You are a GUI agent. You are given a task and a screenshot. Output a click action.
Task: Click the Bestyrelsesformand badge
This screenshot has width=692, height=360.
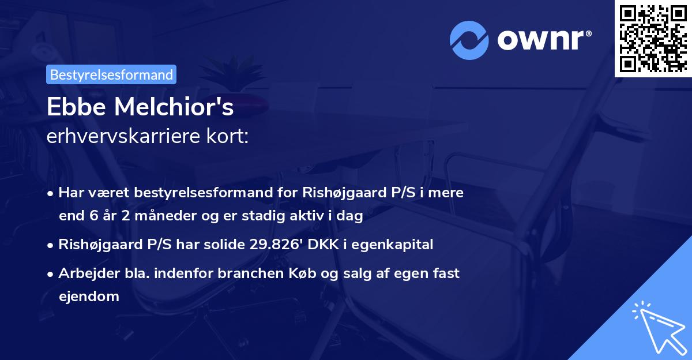tap(111, 74)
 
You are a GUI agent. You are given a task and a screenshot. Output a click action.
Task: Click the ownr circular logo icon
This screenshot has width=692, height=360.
tap(469, 40)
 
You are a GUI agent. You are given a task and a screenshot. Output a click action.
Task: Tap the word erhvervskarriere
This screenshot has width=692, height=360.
tap(119, 137)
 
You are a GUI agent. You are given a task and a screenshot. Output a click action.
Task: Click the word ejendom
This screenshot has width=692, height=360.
tap(89, 297)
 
